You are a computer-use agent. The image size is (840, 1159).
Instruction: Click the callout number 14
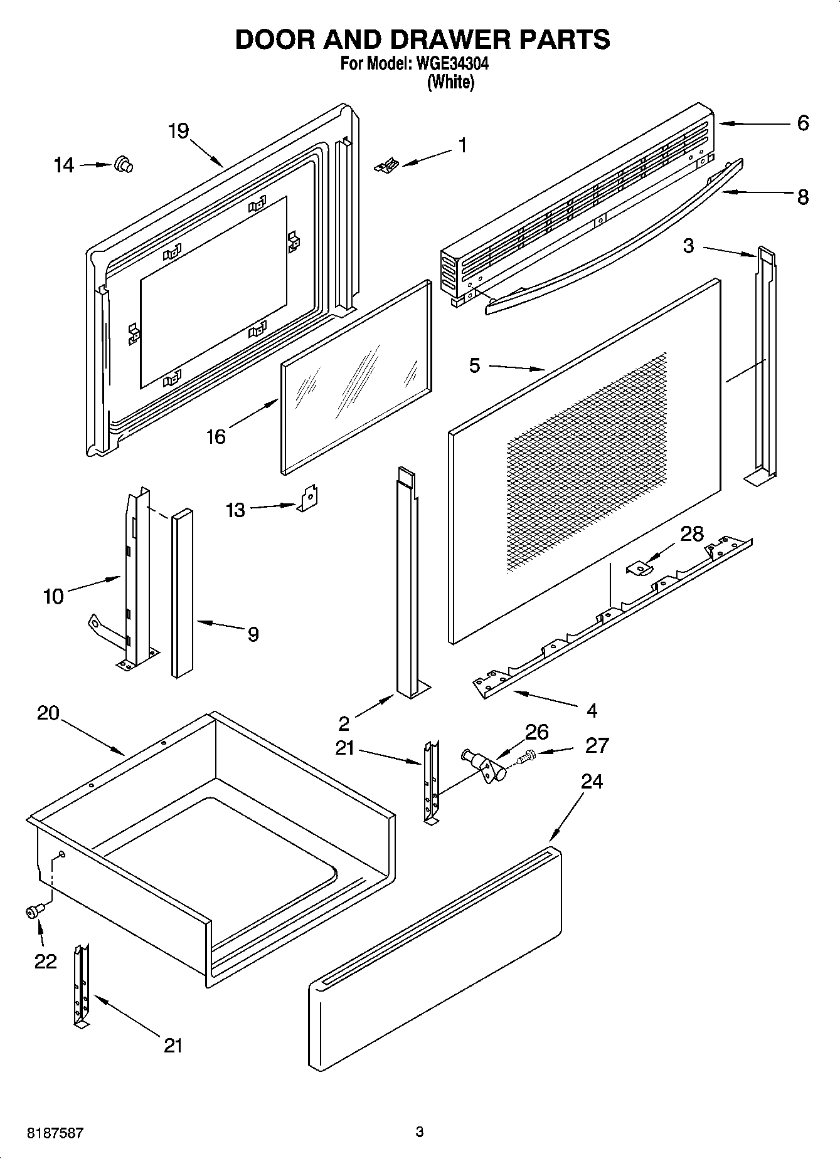(x=64, y=165)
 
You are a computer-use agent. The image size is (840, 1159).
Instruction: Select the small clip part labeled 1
(x=387, y=165)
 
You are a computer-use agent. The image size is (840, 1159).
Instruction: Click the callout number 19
(x=179, y=131)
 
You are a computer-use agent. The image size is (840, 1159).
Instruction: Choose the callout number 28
(x=692, y=533)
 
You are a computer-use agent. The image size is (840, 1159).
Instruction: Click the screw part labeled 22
(x=34, y=912)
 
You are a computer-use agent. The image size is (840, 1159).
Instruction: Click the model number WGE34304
(x=449, y=64)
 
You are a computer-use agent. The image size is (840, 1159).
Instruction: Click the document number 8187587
(x=55, y=1133)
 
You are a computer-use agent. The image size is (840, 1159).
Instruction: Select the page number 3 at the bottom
(x=420, y=1131)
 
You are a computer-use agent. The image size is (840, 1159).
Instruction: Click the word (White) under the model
(x=450, y=81)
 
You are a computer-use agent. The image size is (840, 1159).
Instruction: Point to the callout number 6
(x=803, y=123)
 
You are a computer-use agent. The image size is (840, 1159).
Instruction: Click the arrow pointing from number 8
(x=756, y=194)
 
